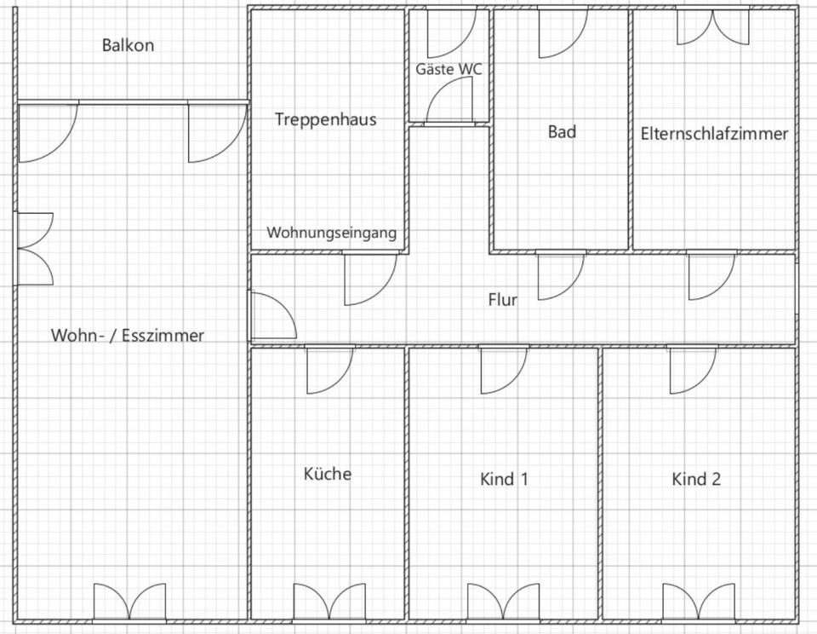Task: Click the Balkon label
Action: coord(128,45)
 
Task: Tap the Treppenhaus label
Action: coord(325,119)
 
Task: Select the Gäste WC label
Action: coord(448,69)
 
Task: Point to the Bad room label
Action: coord(562,132)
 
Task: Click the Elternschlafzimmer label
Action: coord(714,134)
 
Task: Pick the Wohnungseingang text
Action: coord(331,233)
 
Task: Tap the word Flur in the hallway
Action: coord(502,300)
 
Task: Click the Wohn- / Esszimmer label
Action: coord(128,336)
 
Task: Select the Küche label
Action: coord(328,474)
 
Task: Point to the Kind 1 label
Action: coord(504,479)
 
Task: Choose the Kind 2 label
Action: coord(696,479)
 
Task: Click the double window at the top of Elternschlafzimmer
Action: coord(713,27)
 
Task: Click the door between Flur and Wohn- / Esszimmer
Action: coord(271,315)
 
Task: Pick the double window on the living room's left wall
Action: coord(34,248)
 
